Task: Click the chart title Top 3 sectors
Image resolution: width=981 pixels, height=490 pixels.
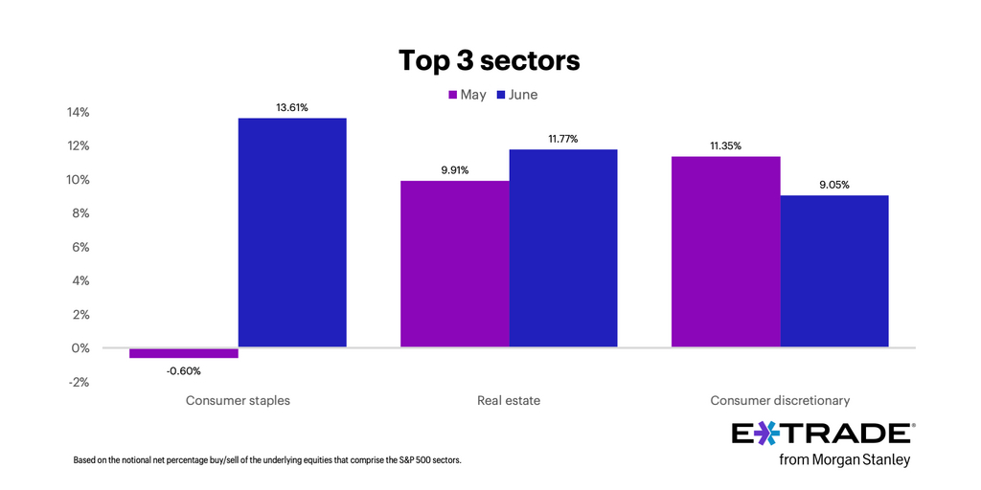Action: click(x=490, y=60)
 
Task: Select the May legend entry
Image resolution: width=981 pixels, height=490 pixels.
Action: click(x=467, y=95)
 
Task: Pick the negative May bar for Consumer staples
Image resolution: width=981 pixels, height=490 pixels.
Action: click(x=184, y=353)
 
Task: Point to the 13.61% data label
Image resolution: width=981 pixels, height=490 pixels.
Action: click(x=292, y=107)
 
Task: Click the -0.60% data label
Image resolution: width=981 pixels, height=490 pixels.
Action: click(x=184, y=370)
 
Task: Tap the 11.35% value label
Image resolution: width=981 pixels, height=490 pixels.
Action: click(x=726, y=145)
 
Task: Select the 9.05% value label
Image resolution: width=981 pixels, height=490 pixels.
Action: click(x=834, y=185)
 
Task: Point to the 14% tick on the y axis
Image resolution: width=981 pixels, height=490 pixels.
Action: click(x=78, y=113)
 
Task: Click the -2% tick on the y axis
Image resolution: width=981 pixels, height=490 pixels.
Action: click(x=78, y=382)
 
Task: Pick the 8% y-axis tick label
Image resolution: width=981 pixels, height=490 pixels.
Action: click(x=80, y=213)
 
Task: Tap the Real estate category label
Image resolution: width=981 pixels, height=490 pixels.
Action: click(x=509, y=400)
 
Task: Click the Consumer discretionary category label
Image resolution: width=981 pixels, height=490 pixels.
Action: click(x=780, y=400)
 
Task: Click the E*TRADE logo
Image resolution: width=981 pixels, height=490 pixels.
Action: click(x=821, y=433)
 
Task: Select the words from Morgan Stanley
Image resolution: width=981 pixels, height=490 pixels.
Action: click(x=844, y=460)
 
